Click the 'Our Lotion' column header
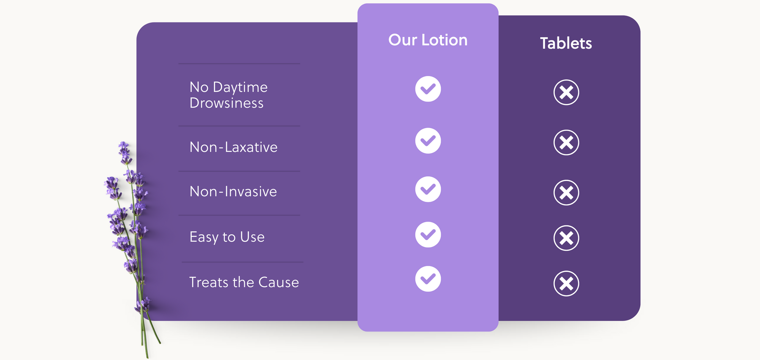pyautogui.click(x=428, y=40)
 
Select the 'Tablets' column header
pyautogui.click(x=566, y=43)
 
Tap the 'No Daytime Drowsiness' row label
pyautogui.click(x=228, y=95)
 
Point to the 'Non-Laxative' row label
pyautogui.click(x=233, y=147)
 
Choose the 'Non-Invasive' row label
pyautogui.click(x=233, y=191)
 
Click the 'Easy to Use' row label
pyautogui.click(x=227, y=237)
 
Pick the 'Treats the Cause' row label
pyautogui.click(x=244, y=282)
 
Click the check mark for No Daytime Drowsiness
pyautogui.click(x=428, y=89)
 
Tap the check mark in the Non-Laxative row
pyautogui.click(x=428, y=141)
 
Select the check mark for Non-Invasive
pyautogui.click(x=428, y=189)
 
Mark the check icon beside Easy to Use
pyautogui.click(x=428, y=235)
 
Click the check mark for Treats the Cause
pyautogui.click(x=428, y=279)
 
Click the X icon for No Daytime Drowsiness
pyautogui.click(x=566, y=92)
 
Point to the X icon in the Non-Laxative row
pyautogui.click(x=566, y=143)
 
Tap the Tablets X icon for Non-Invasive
pyautogui.click(x=566, y=192)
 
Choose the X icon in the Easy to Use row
pyautogui.click(x=566, y=238)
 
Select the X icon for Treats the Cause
pyautogui.click(x=566, y=283)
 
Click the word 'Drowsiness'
pyautogui.click(x=226, y=103)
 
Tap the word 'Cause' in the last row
pyautogui.click(x=279, y=282)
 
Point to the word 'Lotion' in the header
pyautogui.click(x=445, y=40)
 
